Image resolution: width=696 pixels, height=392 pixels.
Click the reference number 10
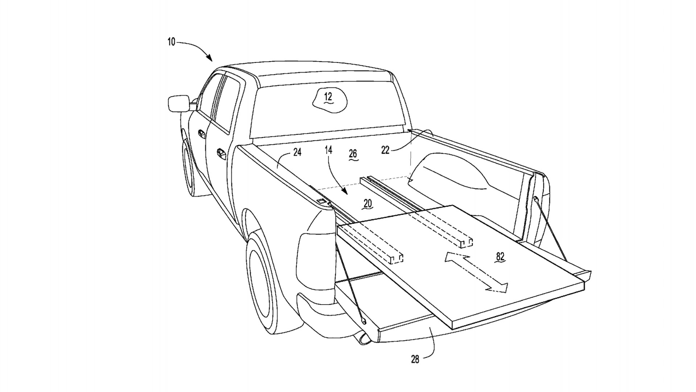(x=171, y=42)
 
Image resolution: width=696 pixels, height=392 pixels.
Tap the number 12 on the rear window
(x=328, y=97)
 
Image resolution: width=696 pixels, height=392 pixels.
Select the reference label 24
(x=297, y=152)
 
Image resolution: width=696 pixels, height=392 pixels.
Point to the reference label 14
(x=328, y=150)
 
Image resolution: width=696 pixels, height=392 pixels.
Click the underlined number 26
(x=353, y=154)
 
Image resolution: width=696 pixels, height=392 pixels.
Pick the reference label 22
(x=385, y=150)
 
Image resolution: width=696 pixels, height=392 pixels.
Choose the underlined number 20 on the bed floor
(x=368, y=204)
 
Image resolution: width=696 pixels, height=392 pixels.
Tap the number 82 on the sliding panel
(x=500, y=257)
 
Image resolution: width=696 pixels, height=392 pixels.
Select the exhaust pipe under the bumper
(x=362, y=339)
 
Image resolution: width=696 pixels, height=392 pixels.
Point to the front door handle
(x=200, y=133)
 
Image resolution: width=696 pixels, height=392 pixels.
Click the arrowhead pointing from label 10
(x=210, y=58)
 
